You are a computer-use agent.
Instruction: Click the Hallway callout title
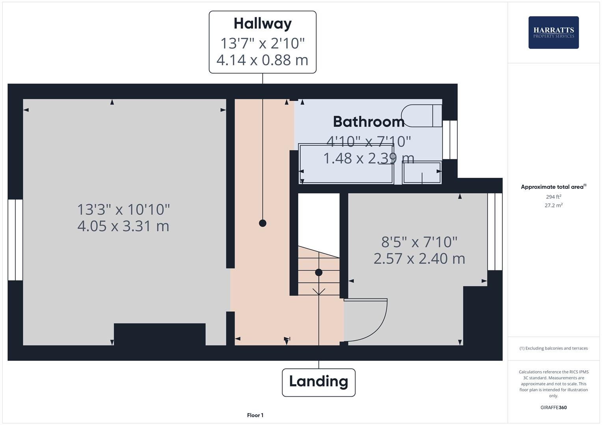point(263,24)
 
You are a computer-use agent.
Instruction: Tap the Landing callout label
point(319,382)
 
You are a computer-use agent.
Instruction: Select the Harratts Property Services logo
point(554,33)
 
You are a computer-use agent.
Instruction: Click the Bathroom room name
point(369,122)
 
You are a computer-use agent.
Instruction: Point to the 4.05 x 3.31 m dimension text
point(123,226)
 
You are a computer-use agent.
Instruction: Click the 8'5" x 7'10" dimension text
point(419,242)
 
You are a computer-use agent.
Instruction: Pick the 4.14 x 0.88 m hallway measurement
point(263,60)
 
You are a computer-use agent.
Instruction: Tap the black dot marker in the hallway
point(263,223)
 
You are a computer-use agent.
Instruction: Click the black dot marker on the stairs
point(319,272)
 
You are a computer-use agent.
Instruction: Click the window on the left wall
point(15,240)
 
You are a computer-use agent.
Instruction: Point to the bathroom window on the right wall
point(449,140)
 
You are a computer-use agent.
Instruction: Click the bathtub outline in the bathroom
point(346,164)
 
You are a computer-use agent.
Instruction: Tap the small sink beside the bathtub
point(421,173)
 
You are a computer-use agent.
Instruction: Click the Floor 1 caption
point(255,415)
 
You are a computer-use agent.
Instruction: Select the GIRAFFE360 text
point(554,407)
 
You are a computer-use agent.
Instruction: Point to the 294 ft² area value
point(554,197)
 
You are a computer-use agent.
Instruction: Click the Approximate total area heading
point(553,187)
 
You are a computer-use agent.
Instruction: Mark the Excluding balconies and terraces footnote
point(554,348)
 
